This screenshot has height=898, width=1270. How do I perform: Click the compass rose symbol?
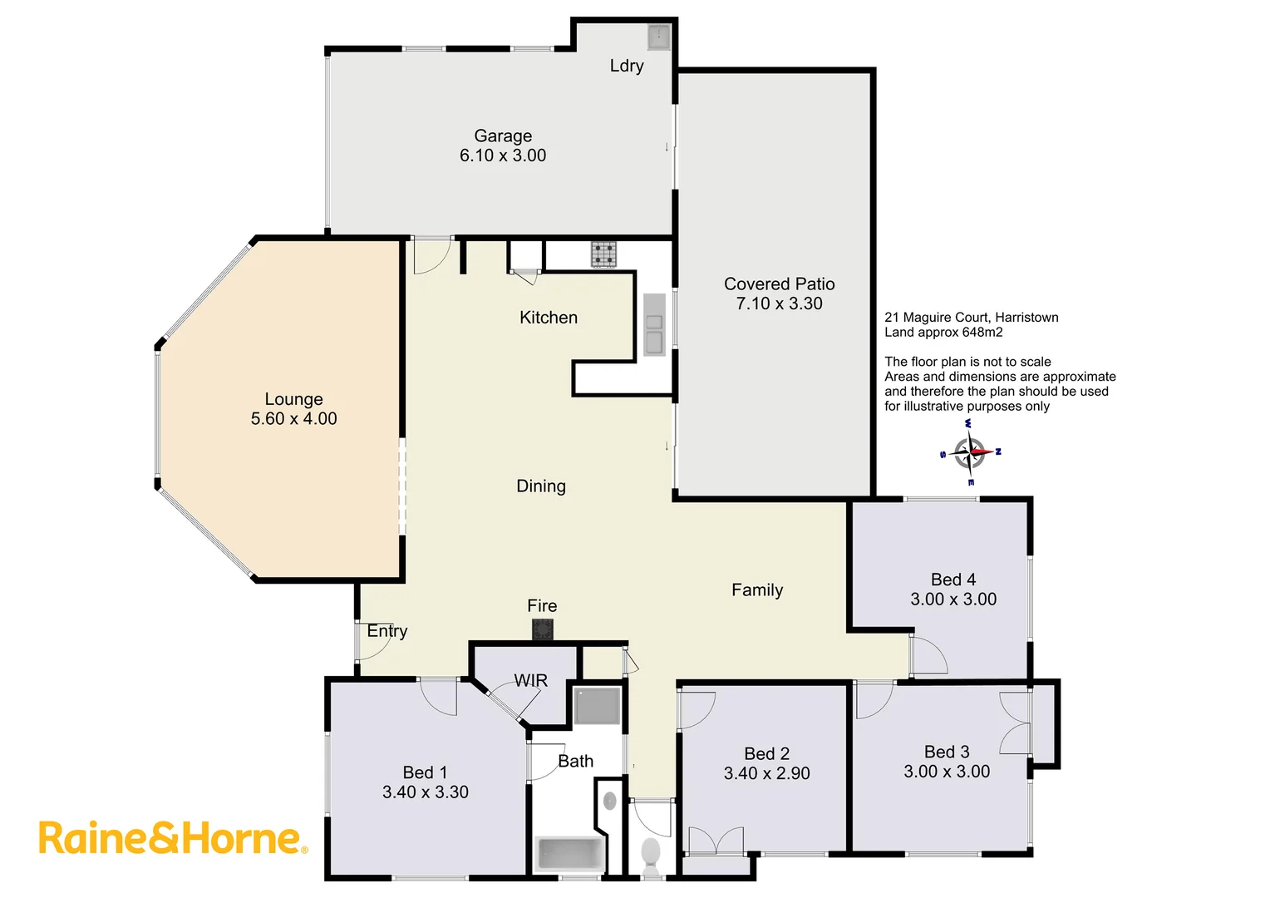(x=970, y=453)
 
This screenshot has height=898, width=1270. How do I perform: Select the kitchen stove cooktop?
(x=604, y=254)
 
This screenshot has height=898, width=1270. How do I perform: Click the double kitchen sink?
(x=654, y=332)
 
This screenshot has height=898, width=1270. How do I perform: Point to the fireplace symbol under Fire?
(x=543, y=629)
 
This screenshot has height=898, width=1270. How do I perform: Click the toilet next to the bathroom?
(x=651, y=854)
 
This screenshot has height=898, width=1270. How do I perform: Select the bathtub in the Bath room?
(x=570, y=855)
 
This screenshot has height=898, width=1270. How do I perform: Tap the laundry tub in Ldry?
(x=659, y=37)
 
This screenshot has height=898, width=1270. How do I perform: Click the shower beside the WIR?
(x=597, y=706)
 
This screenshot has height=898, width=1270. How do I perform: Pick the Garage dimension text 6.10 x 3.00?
(x=503, y=155)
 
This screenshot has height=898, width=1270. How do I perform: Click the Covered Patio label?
(x=779, y=284)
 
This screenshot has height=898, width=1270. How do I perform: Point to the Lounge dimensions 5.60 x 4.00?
(x=294, y=419)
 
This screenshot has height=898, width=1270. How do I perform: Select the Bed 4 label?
(x=953, y=580)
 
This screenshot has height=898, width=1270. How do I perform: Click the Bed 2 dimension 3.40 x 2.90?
(x=766, y=773)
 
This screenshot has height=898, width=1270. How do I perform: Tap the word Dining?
(x=541, y=486)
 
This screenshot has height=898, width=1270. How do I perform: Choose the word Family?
(x=757, y=590)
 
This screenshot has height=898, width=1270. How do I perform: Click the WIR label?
(x=531, y=681)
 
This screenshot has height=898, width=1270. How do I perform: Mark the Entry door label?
(x=387, y=631)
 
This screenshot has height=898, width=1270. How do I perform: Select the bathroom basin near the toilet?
(x=609, y=801)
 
